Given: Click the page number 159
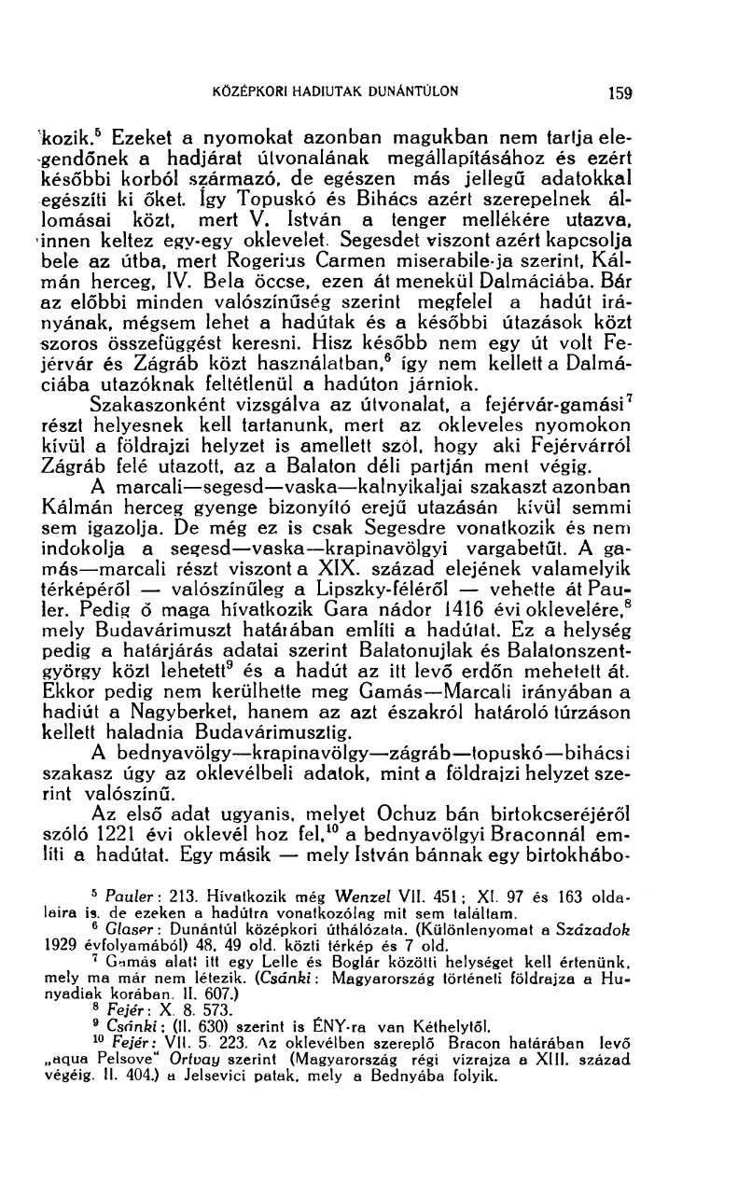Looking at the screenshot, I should click(x=618, y=93).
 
